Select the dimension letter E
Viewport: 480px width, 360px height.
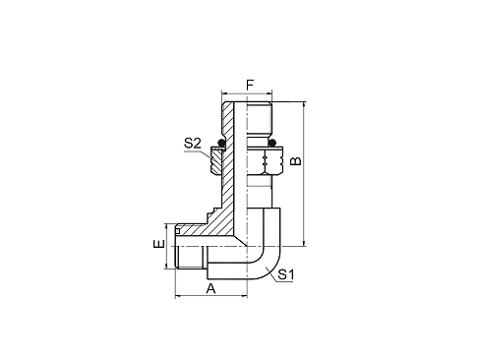point(156,240)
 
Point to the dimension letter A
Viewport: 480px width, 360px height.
point(210,288)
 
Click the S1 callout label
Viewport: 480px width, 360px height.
point(286,274)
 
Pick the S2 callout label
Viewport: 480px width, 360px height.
point(193,144)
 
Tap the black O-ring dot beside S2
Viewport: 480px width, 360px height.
point(223,145)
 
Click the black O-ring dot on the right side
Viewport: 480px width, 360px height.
point(273,146)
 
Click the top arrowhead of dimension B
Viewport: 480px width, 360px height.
point(304,102)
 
